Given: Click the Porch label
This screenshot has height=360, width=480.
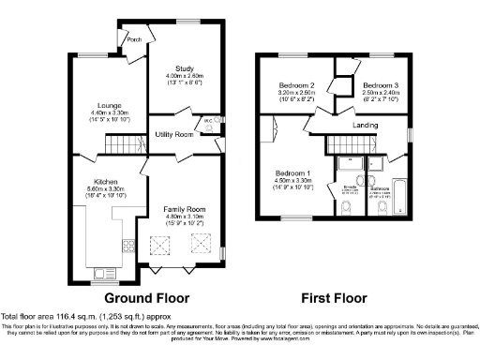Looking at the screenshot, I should [134, 39].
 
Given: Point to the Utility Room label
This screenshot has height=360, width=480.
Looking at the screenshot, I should [173, 135].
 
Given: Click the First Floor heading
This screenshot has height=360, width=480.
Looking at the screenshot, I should [333, 298].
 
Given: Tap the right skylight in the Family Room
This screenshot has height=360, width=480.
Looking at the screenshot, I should [200, 244].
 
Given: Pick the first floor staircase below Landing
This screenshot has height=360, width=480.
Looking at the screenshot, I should [348, 144].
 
